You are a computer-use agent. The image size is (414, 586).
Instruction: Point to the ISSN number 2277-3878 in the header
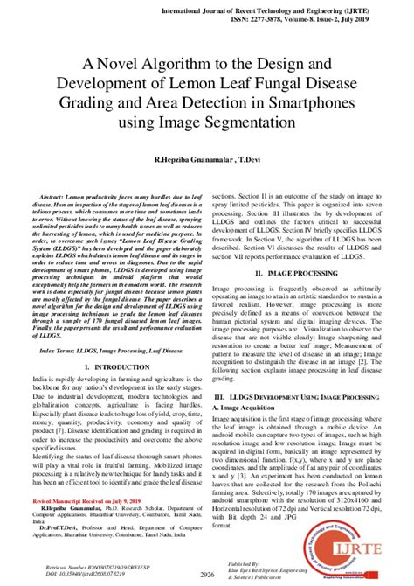click(267, 17)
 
